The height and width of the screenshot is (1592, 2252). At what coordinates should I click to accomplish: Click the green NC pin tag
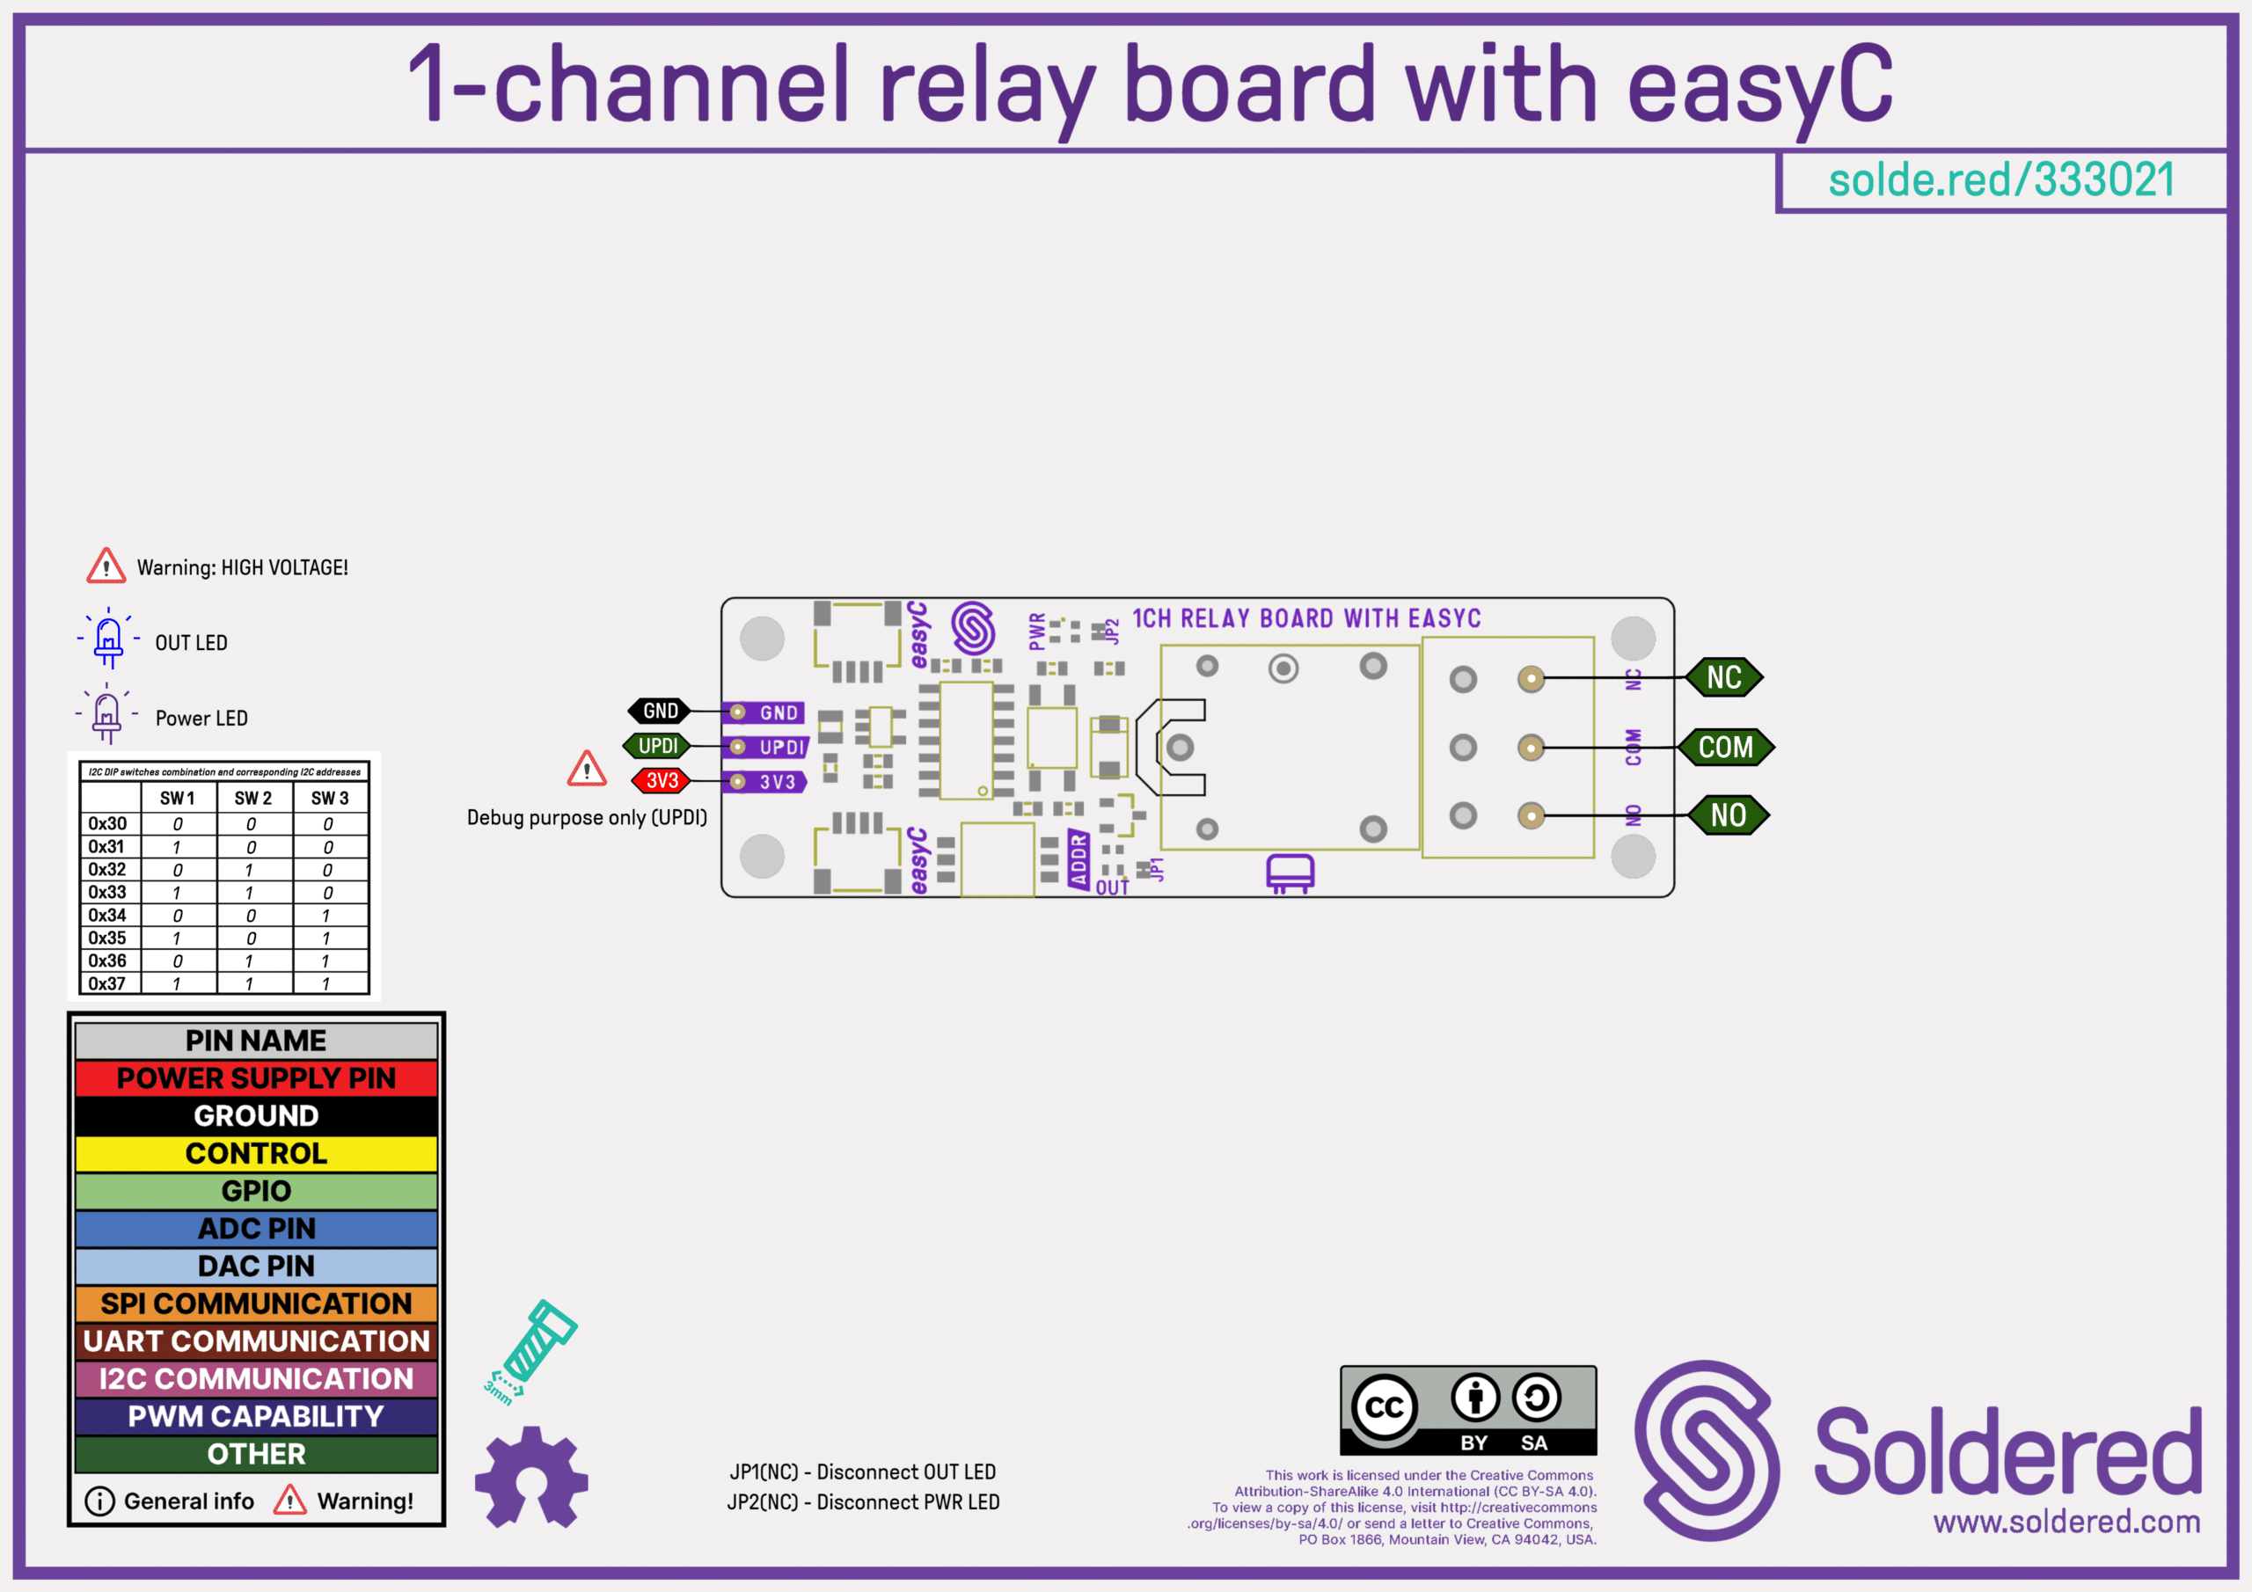(1723, 678)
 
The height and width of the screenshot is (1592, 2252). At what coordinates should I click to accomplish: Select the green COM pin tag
(1725, 748)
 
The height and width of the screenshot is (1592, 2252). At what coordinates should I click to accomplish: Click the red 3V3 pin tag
(662, 781)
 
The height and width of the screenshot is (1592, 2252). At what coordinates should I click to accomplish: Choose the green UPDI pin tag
(658, 747)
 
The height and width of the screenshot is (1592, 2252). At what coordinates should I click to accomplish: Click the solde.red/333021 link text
(2001, 180)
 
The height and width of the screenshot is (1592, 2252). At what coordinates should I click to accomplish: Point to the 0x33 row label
(108, 893)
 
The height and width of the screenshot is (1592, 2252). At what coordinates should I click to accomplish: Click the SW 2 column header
(253, 799)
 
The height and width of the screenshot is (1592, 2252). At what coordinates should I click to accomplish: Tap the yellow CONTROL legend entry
(256, 1153)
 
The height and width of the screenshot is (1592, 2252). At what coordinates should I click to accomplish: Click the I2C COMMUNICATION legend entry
(256, 1379)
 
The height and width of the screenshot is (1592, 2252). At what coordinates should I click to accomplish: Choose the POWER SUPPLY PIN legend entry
(256, 1078)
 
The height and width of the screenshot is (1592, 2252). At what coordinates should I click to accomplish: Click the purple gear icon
(530, 1478)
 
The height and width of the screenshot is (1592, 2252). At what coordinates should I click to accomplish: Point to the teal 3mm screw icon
(530, 1348)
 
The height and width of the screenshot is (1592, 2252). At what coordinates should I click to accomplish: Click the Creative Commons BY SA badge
(1468, 1411)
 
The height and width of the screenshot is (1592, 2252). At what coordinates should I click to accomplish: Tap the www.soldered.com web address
(2066, 1522)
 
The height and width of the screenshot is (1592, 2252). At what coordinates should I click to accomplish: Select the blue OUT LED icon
(108, 639)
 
